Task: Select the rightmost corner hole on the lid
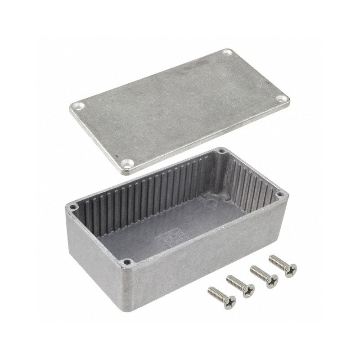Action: click(x=281, y=98)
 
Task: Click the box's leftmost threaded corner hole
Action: click(x=72, y=207)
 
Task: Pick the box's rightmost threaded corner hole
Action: click(x=280, y=195)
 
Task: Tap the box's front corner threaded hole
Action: click(x=127, y=261)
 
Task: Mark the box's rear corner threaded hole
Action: click(x=221, y=151)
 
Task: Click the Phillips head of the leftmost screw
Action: click(x=230, y=302)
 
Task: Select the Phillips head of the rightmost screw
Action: click(x=291, y=270)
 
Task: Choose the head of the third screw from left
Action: click(x=272, y=281)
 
